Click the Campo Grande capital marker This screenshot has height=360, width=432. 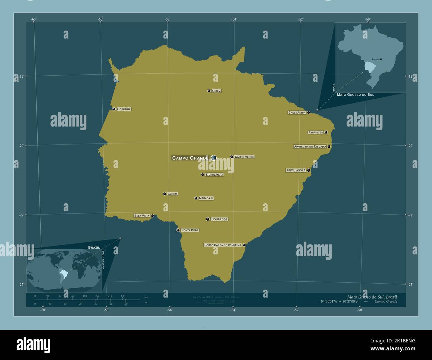click(213, 158)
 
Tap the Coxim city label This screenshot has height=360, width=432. click(216, 91)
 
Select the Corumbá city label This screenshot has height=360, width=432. click(124, 109)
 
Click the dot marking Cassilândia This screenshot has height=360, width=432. click(309, 113)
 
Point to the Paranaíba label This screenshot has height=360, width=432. click(316, 132)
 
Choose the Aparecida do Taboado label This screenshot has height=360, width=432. click(310, 146)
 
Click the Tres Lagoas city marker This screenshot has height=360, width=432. click(309, 170)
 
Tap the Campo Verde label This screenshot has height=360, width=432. click(244, 157)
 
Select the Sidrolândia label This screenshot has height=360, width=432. click(214, 175)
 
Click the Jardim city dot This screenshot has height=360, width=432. click(164, 194)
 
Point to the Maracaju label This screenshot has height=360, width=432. click(206, 198)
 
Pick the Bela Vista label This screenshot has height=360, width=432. click(142, 216)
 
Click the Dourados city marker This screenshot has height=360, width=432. click(208, 219)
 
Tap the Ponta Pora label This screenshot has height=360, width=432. click(190, 230)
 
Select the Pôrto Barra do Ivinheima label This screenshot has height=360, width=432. click(223, 245)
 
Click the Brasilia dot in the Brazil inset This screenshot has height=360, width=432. click(381, 59)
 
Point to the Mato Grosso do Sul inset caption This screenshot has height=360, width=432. click(355, 95)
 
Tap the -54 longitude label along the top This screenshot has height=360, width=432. click(234, 19)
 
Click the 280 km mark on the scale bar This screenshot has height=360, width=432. click(122, 296)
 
